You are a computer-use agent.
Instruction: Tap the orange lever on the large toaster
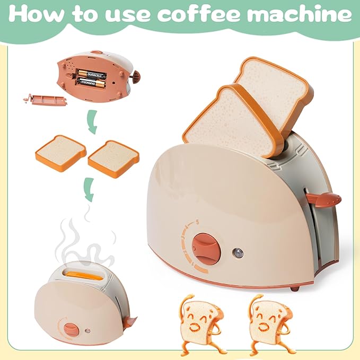[325, 200]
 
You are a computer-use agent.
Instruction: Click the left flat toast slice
[60, 150]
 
